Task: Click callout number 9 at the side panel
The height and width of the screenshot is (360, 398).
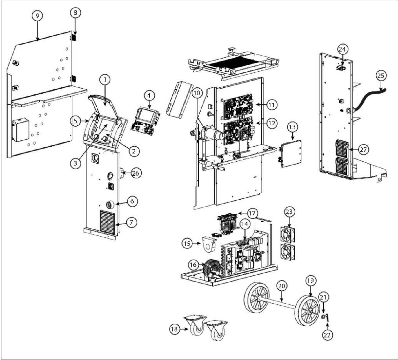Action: click(37, 16)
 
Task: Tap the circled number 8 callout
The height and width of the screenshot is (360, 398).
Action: click(75, 12)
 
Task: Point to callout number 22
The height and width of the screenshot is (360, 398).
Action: click(328, 335)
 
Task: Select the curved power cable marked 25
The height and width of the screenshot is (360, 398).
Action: click(368, 97)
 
